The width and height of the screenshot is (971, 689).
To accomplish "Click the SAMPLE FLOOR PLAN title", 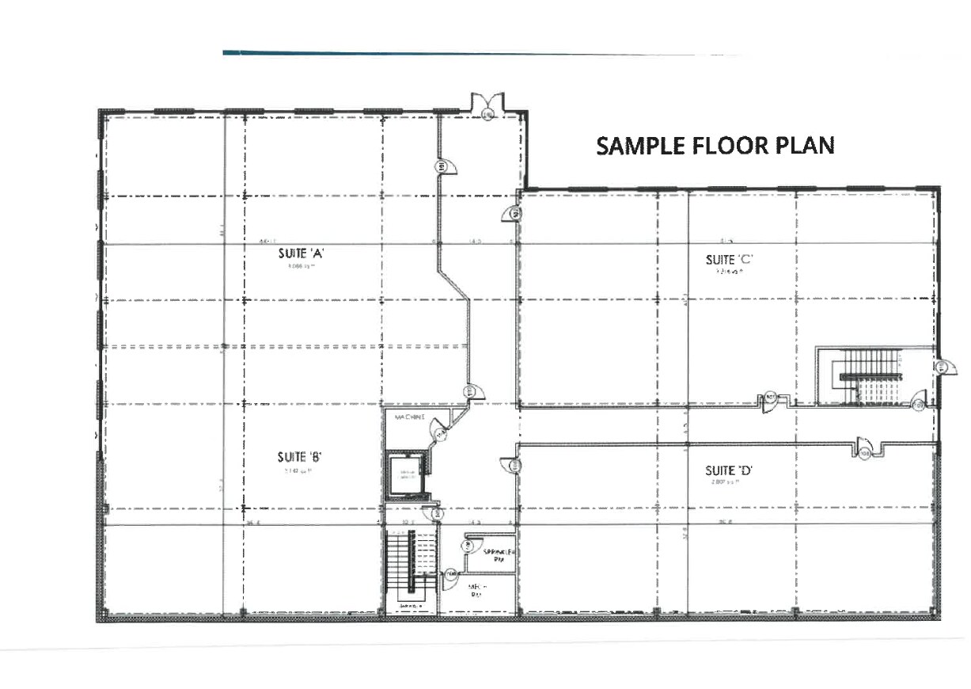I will [715, 146].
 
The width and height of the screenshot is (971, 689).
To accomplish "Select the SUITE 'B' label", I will [298, 457].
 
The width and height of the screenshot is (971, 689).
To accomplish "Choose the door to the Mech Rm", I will [451, 573].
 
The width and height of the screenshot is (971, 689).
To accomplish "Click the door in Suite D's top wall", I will [863, 450].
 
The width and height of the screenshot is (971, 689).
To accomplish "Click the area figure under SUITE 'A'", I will [302, 267].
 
